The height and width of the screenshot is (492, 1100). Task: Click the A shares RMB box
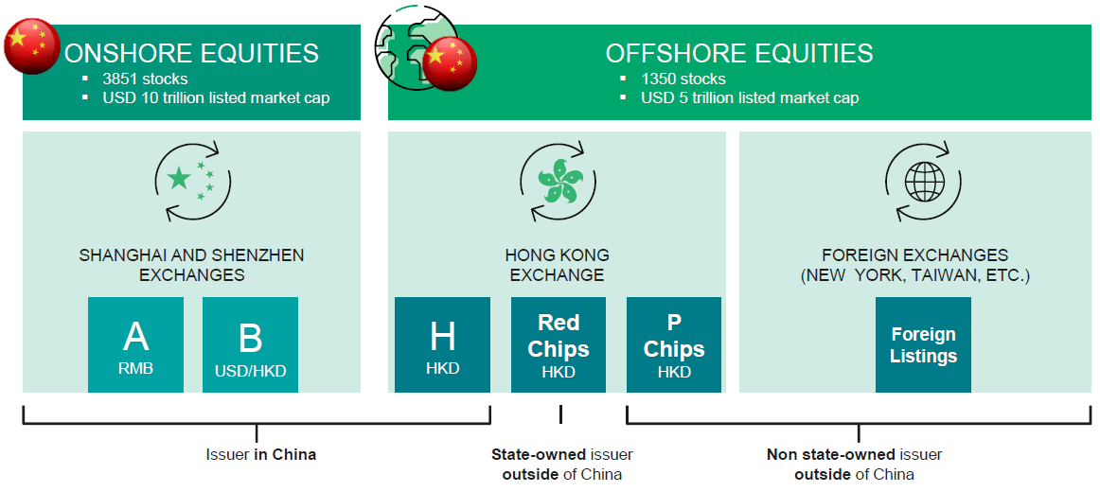(x=135, y=344)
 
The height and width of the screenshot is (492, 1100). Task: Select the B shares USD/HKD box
(x=250, y=344)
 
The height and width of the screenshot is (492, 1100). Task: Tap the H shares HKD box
(x=442, y=344)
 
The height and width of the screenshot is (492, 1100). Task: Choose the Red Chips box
(x=558, y=344)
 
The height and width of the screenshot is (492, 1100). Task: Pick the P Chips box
(x=673, y=344)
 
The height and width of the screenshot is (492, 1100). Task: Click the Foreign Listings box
(x=923, y=344)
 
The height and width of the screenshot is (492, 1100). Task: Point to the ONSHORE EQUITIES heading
(x=191, y=53)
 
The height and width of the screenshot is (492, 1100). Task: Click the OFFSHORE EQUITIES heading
(x=739, y=53)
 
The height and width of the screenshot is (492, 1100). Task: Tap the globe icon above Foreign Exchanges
(x=922, y=180)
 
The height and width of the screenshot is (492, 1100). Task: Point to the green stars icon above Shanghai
(x=191, y=180)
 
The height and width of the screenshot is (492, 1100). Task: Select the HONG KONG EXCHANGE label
(x=557, y=265)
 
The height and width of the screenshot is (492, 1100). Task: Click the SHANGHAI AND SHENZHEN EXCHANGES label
(x=191, y=265)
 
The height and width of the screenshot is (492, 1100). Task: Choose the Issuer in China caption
(x=260, y=454)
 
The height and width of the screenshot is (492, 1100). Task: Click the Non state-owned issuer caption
(x=854, y=464)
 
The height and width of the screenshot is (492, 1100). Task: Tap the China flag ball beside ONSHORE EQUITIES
(x=32, y=45)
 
